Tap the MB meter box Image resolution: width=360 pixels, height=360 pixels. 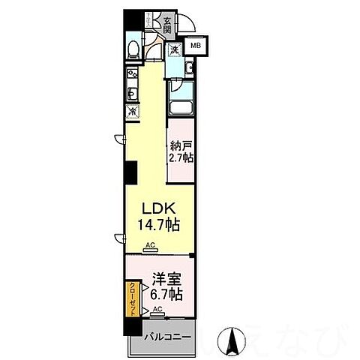click(195, 46)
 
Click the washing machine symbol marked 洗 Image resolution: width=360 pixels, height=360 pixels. click(173, 50)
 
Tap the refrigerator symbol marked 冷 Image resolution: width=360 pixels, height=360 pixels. click(133, 112)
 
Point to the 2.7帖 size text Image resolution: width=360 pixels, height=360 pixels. click(181, 158)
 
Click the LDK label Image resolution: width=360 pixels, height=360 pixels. click(159, 209)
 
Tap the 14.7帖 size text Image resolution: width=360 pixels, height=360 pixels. click(159, 223)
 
